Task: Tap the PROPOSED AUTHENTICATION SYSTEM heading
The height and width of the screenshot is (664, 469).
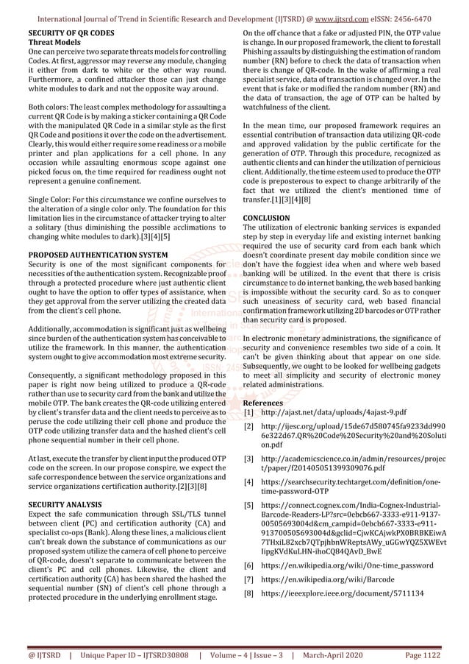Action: click(x=97, y=255)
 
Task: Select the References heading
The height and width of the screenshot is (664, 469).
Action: click(x=263, y=403)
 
